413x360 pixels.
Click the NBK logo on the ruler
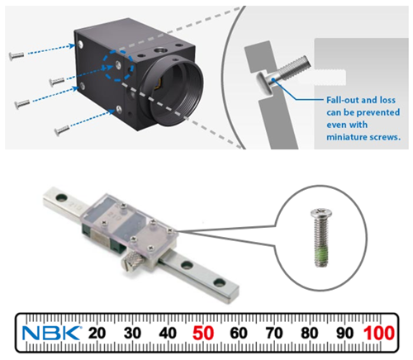[x=52, y=333]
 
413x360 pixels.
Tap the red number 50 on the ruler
[x=203, y=333]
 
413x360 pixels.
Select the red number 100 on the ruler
[x=379, y=333]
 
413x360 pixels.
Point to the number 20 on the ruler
[x=97, y=333]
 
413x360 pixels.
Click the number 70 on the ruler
[x=274, y=333]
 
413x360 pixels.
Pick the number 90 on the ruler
[x=344, y=333]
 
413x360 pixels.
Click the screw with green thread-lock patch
[x=321, y=238]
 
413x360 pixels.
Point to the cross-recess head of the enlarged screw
[x=321, y=213]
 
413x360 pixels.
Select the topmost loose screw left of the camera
[x=17, y=55]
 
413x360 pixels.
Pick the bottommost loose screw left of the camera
[x=62, y=130]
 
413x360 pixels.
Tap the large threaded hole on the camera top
[x=160, y=50]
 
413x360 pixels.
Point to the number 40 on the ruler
[x=168, y=333]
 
